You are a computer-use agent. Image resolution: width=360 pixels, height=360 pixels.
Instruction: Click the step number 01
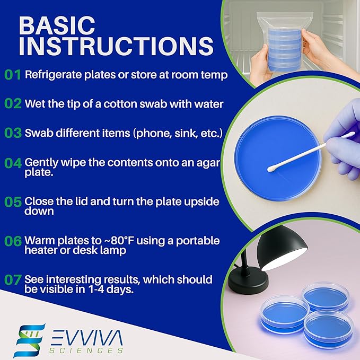pyautogui.click(x=13, y=75)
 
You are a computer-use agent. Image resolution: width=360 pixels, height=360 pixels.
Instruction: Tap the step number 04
pyautogui.click(x=13, y=163)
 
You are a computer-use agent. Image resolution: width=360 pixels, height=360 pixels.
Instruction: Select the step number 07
pyautogui.click(x=13, y=279)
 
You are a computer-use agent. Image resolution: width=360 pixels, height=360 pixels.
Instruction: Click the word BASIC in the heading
pyautogui.click(x=58, y=25)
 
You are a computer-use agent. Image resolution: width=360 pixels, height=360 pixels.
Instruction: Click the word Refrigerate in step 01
pyautogui.click(x=53, y=75)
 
